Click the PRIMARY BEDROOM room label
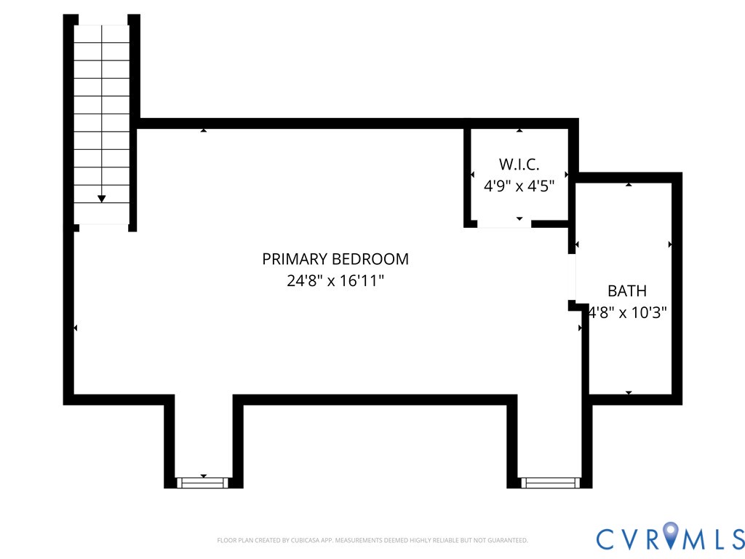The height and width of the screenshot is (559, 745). [335, 259]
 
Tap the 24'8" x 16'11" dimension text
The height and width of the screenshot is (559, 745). [335, 280]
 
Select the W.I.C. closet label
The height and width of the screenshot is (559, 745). [519, 164]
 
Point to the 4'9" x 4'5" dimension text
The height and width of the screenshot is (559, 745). [519, 186]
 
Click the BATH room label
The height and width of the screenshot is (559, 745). [627, 290]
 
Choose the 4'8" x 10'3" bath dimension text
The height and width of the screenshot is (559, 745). [627, 312]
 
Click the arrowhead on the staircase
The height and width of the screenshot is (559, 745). [101, 199]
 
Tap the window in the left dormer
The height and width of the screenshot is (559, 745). [203, 483]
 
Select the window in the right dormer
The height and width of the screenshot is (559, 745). [550, 483]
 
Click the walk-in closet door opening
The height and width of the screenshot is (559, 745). [504, 224]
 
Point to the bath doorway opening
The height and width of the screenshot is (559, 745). [573, 277]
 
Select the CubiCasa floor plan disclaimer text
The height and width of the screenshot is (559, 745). [372, 541]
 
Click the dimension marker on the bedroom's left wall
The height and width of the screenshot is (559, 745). [75, 328]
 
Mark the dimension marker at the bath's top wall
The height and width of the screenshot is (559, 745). [629, 184]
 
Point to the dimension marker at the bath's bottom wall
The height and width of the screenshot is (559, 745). [629, 392]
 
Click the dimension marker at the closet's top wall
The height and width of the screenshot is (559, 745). [519, 130]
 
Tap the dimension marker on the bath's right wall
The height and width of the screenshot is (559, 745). [670, 245]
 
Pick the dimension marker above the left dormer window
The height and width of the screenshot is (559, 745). [204, 476]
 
